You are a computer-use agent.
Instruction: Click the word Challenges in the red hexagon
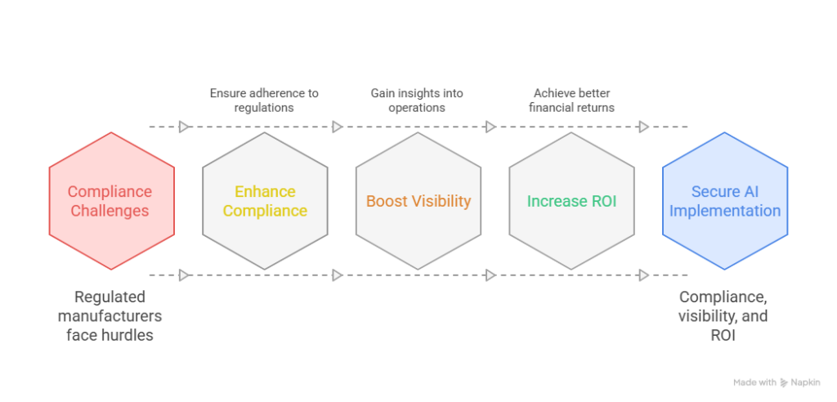pos(110,211)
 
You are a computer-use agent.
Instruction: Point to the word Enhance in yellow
pos(265,191)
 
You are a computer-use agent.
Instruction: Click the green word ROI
pos(601,201)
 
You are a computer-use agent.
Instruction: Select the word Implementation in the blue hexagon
pos(725,211)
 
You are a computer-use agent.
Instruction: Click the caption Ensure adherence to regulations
pos(263,100)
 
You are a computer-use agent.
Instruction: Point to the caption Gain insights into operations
pos(417,100)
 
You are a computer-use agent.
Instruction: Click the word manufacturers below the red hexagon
pos(110,316)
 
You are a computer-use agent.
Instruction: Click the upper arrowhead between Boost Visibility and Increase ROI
pos(490,127)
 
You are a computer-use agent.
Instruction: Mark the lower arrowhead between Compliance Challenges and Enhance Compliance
pos(184,275)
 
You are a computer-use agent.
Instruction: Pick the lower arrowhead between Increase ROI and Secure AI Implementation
pos(643,275)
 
